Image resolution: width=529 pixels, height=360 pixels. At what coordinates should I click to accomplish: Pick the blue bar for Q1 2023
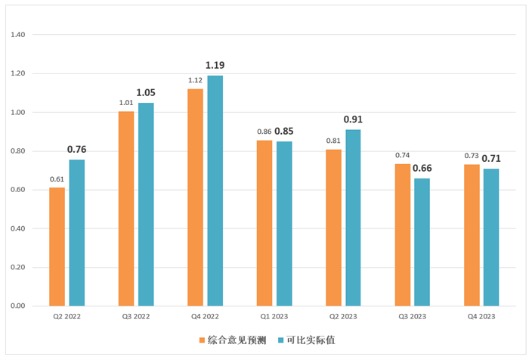click(x=284, y=224)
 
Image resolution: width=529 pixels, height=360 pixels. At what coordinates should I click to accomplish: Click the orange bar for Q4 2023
click(x=472, y=235)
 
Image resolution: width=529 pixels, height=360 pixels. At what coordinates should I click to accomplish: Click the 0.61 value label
click(x=57, y=179)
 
